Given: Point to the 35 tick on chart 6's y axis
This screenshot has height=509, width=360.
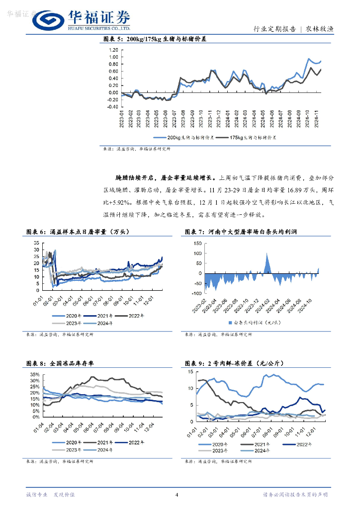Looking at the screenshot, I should coord(36,243).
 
